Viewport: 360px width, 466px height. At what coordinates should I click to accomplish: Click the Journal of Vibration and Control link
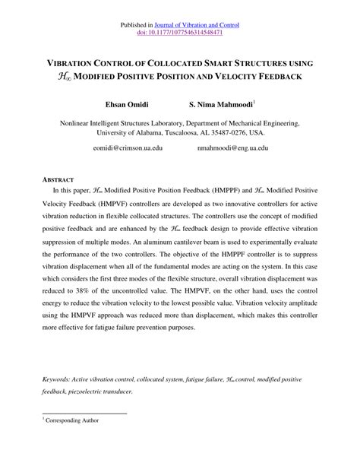[x=201, y=24]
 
